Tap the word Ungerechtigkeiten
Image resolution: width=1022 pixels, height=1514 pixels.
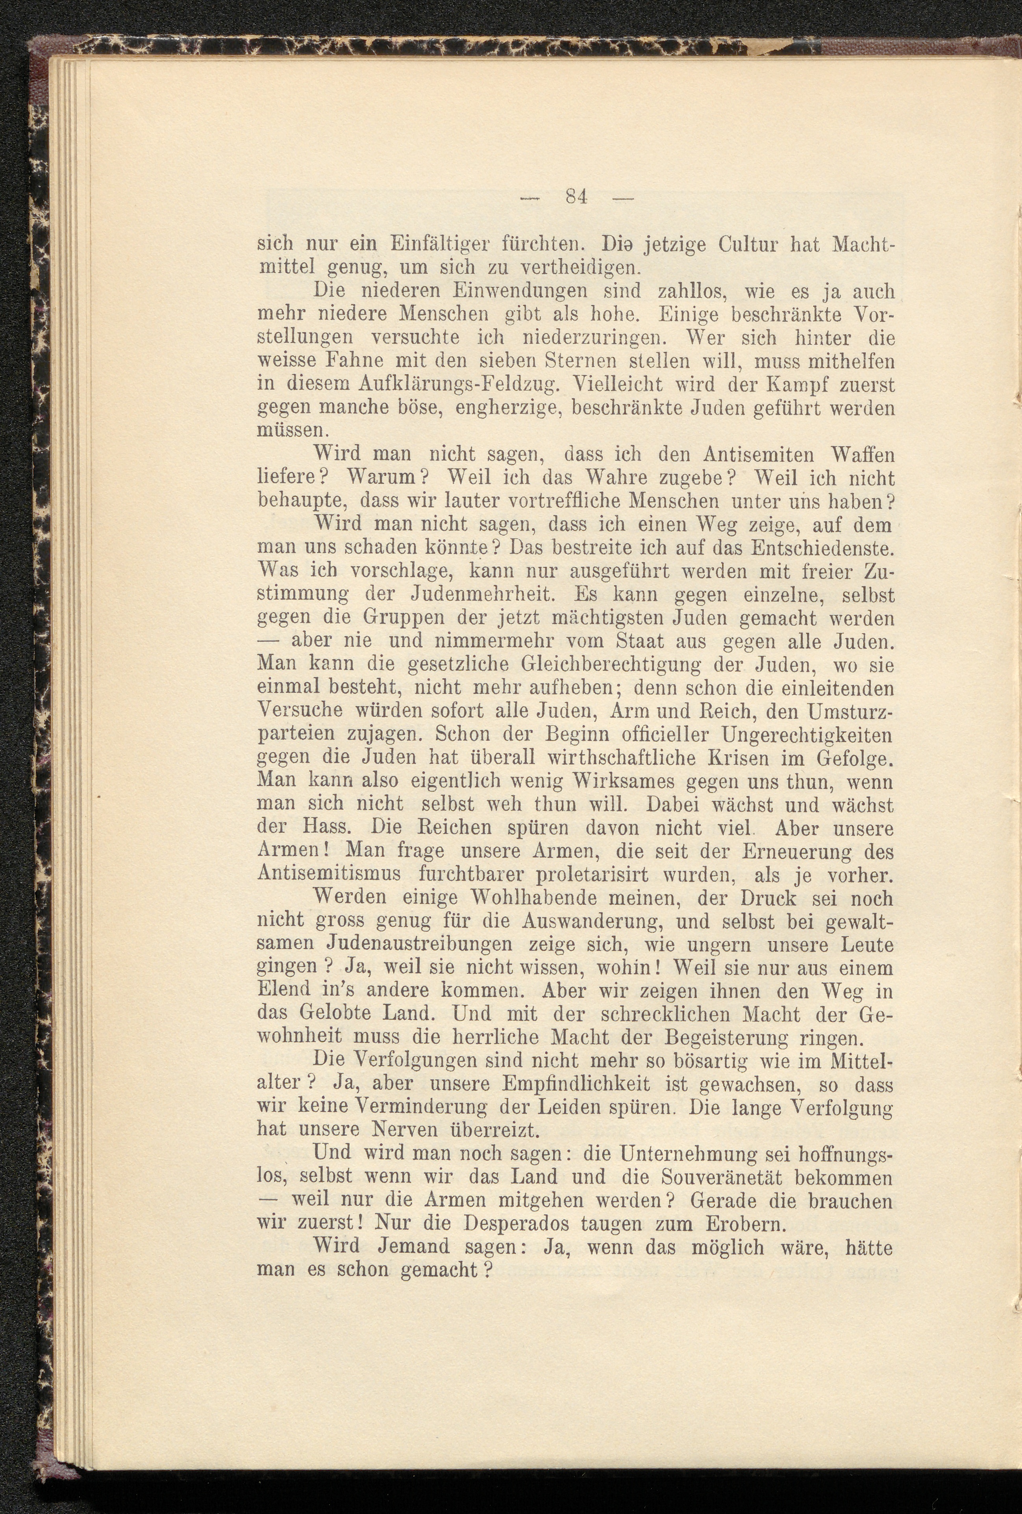pyautogui.click(x=806, y=735)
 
